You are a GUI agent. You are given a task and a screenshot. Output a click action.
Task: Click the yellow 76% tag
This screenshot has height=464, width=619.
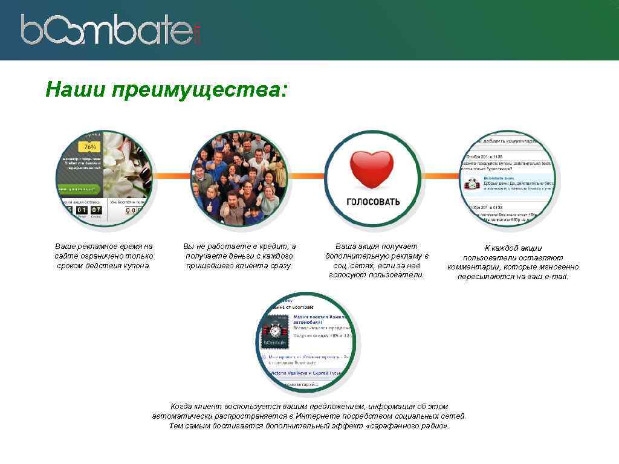(x=90, y=147)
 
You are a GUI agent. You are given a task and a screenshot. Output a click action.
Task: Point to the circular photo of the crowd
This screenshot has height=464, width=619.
(x=239, y=179)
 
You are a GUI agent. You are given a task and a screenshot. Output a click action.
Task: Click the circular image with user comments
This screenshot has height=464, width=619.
(x=508, y=179)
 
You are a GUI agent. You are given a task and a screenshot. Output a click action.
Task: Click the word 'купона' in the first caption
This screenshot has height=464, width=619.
(x=136, y=266)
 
